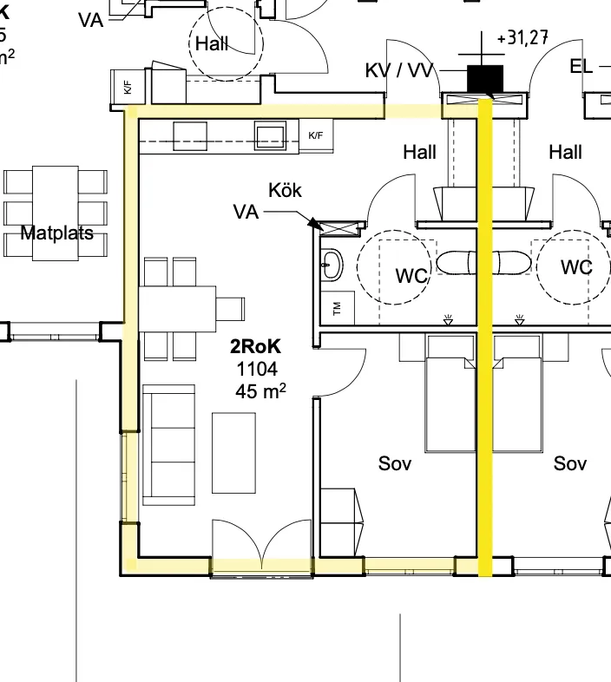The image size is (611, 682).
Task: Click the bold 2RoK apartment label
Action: coord(255,347)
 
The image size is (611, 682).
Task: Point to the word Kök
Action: coord(285,190)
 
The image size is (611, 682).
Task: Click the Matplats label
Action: coord(56,233)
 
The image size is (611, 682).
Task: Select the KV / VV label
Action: coord(399,70)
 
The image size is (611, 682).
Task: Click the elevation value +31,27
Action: coord(522,39)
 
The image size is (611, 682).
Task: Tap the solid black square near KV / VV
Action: coord(485,78)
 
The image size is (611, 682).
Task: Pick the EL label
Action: coord(581,66)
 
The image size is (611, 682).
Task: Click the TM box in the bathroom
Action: coord(338,305)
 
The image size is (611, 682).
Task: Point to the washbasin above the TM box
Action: coord(332,266)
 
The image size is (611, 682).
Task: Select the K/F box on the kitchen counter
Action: coord(316,135)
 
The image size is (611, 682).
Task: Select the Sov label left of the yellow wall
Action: coord(395,463)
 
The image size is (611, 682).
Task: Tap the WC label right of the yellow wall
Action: coord(576,266)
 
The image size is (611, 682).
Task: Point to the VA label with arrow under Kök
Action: coord(246,211)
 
